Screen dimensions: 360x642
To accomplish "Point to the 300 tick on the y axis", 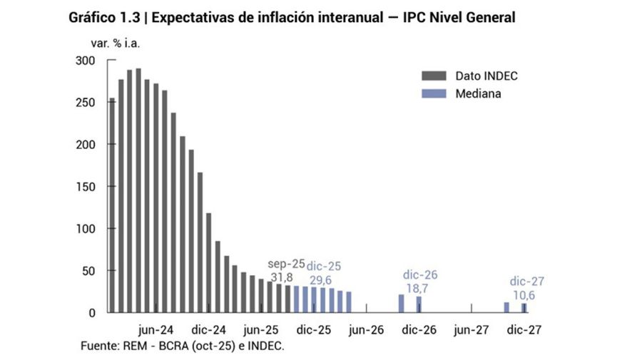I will tap(86, 61).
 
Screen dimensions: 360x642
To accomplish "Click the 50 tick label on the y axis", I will tap(88, 271).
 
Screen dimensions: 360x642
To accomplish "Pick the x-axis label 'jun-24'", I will tap(155, 330).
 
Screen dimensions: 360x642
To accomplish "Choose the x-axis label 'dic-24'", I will tap(208, 330).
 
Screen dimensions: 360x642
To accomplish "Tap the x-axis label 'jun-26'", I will tap(367, 330).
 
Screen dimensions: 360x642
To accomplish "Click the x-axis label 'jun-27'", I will tap(472, 330).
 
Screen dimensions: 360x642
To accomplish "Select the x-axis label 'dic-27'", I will tap(525, 330).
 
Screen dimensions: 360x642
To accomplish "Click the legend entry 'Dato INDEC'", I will tap(486, 76).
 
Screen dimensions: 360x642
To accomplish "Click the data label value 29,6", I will tap(323, 280).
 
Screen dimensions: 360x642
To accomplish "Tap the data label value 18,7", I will tap(419, 287).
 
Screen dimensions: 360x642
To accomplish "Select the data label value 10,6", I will tap(526, 294).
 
